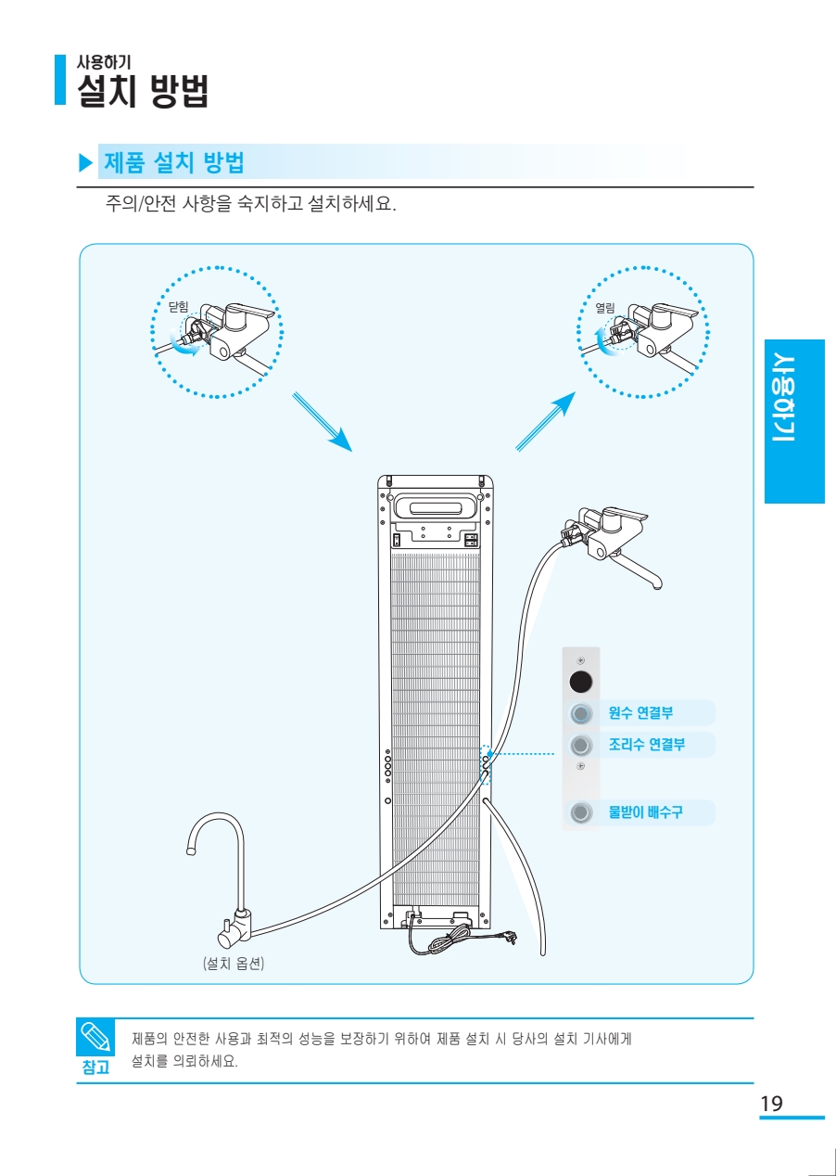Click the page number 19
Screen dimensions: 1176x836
[771, 1104]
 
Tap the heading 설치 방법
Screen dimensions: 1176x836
[143, 91]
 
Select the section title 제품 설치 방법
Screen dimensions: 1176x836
[174, 163]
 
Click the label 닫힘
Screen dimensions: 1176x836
[178, 306]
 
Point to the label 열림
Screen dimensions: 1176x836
[604, 307]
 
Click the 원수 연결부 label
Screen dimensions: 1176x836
[640, 713]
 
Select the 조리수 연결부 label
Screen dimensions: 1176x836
[646, 745]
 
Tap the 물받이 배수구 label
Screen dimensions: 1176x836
[645, 812]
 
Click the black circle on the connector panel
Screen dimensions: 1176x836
[580, 683]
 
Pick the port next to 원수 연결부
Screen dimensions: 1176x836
[580, 714]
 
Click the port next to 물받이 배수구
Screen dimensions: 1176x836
[580, 813]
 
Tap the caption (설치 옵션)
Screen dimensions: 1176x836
[234, 964]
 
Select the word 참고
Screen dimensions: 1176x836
[95, 1067]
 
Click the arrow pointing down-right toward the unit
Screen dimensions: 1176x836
[323, 423]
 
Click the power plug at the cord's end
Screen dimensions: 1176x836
[509, 939]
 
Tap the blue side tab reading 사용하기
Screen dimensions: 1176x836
[793, 423]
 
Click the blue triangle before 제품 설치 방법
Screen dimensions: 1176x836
[86, 163]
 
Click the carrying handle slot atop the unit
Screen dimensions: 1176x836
[436, 508]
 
